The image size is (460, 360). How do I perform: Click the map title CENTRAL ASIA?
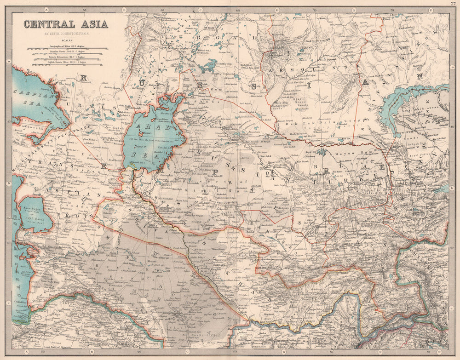coord(66,24)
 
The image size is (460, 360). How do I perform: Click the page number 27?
coord(453,3)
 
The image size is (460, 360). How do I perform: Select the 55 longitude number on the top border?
coord(84,9)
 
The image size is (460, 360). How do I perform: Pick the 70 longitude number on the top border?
coord(315,9)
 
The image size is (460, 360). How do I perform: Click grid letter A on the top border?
coord(46,9)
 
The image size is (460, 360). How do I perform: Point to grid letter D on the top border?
coord(277,9)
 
